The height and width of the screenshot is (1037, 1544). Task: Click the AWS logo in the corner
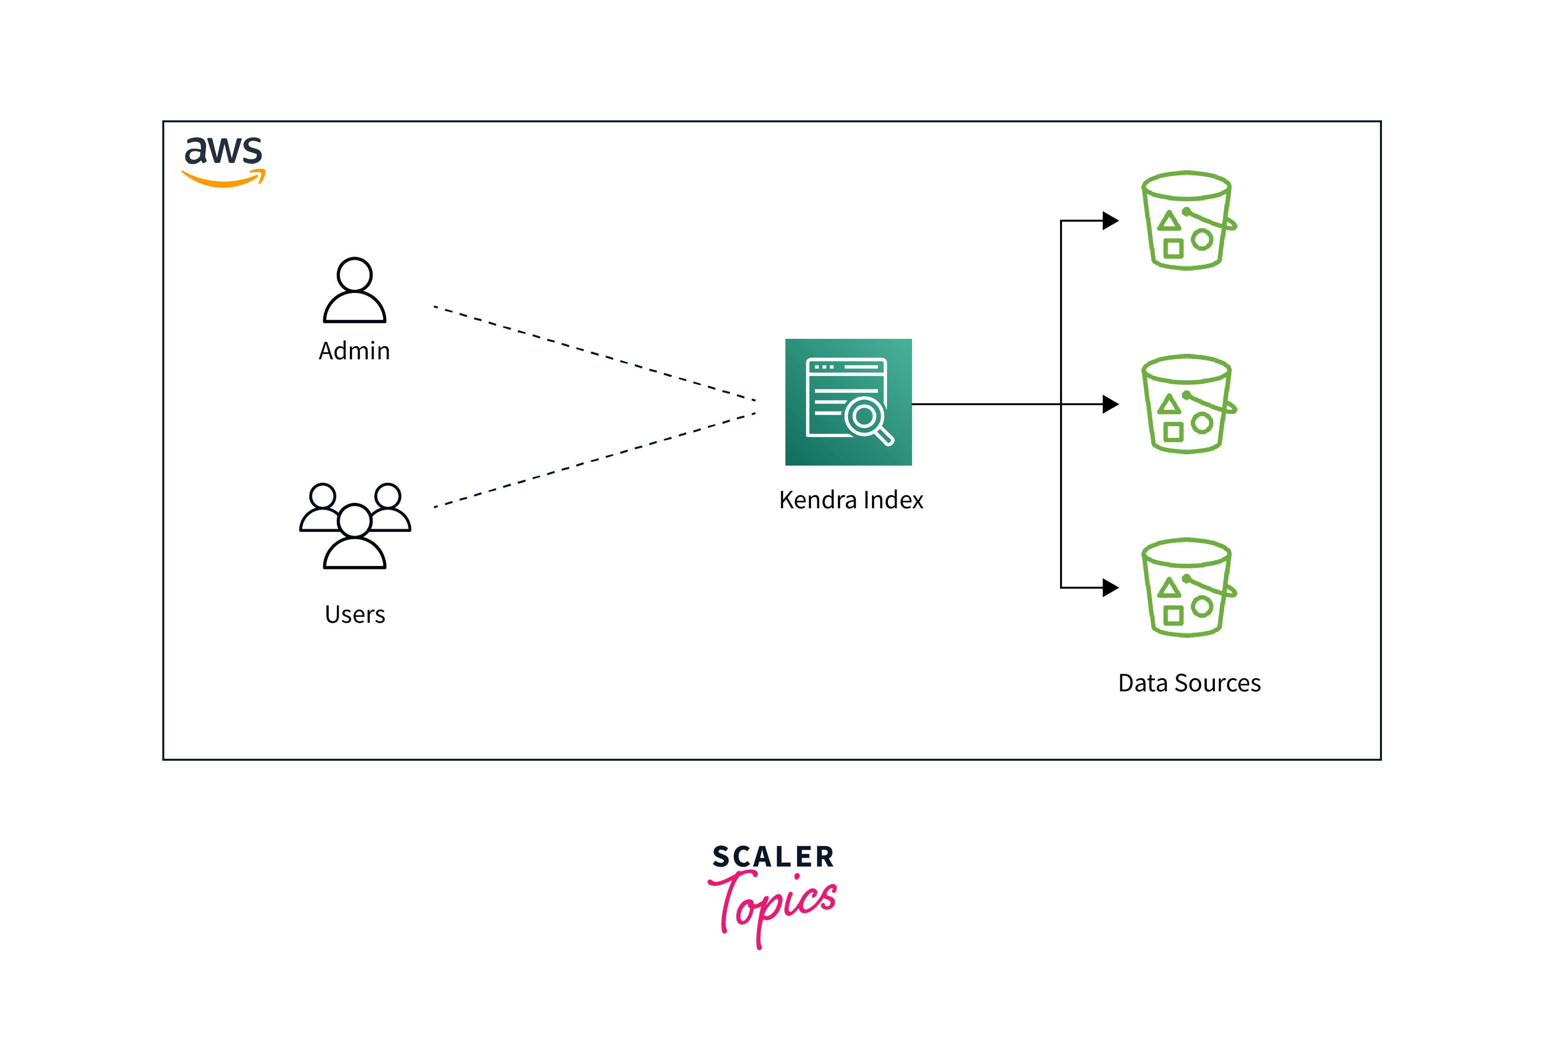(223, 161)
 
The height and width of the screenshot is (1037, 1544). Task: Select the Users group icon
(355, 526)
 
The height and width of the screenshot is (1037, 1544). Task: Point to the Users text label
(355, 615)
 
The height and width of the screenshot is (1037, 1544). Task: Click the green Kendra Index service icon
(848, 402)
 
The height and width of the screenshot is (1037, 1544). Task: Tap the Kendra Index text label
(851, 500)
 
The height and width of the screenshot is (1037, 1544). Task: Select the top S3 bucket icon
(1187, 221)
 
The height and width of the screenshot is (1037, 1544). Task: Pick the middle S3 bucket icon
(1187, 404)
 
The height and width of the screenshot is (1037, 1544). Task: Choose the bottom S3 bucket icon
(1187, 587)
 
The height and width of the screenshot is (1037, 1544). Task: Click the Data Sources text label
(1189, 683)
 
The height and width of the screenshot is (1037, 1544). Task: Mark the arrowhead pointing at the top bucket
(1110, 220)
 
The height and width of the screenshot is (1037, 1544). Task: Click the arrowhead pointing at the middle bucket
(1110, 404)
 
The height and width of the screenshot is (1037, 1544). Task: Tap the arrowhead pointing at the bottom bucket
(1110, 587)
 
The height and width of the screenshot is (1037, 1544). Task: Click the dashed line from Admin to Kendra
(595, 354)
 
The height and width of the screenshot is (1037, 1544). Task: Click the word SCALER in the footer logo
(773, 857)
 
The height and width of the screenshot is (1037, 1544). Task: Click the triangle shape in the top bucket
(1169, 221)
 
